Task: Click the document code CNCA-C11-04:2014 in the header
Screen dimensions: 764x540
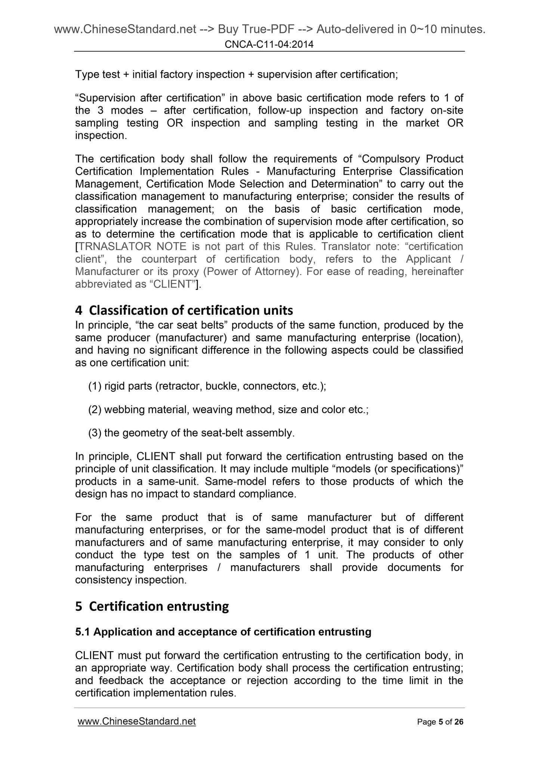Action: click(269, 45)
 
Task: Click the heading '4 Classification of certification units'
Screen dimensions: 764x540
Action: click(184, 310)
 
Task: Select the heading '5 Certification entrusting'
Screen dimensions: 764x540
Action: click(152, 606)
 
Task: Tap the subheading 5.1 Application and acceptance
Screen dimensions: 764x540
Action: click(223, 632)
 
